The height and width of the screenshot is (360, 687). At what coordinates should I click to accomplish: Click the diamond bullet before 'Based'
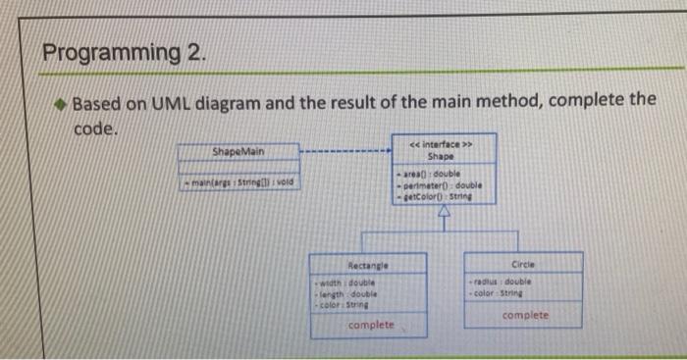coord(60,103)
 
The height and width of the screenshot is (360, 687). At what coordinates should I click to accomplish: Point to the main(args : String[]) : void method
coord(238,182)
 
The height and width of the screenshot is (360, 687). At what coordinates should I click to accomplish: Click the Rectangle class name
coord(367,264)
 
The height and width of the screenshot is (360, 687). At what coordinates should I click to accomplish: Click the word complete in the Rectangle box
coord(371,324)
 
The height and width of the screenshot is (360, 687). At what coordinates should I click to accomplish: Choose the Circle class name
coord(522,263)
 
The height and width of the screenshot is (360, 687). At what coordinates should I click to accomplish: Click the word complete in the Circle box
coord(525,316)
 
